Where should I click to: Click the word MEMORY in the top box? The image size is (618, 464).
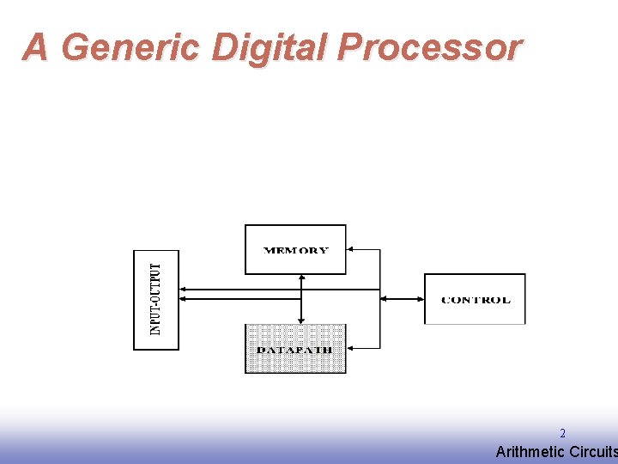point(295,251)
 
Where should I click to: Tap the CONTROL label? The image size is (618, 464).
point(475,300)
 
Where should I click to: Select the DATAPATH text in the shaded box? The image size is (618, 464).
point(294,350)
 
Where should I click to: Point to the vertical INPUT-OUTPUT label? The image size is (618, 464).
point(155,299)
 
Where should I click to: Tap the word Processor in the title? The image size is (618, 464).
point(428,47)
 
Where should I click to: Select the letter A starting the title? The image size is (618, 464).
point(35,47)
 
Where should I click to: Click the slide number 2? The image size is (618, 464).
point(562,434)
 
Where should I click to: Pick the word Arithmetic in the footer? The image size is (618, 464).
point(530,452)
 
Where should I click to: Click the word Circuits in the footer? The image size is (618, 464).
point(592,452)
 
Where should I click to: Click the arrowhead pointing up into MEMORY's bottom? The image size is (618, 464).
point(301,278)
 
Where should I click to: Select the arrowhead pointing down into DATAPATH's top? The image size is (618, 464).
point(301,320)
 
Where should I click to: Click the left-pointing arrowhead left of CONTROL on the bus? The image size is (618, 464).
point(384,299)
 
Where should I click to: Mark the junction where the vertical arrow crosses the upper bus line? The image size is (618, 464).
point(301,290)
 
